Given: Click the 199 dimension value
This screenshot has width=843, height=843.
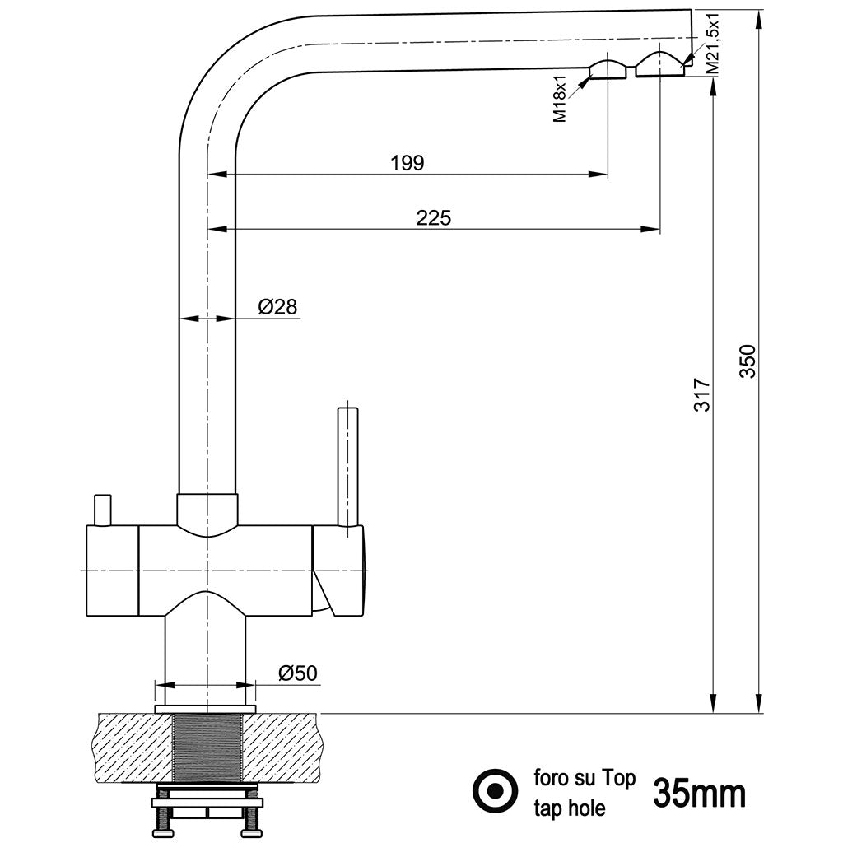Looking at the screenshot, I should pyautogui.click(x=408, y=163).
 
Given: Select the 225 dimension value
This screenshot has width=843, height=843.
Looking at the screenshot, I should pyautogui.click(x=433, y=218).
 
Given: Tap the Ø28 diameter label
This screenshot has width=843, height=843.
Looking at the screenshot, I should pyautogui.click(x=277, y=307).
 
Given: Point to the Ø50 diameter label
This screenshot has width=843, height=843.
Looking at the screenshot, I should pyautogui.click(x=297, y=673).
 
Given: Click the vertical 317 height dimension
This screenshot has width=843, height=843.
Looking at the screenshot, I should pyautogui.click(x=701, y=396).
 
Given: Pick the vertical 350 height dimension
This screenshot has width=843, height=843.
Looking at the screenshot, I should pyautogui.click(x=747, y=361).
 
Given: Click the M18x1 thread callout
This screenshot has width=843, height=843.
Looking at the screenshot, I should pyautogui.click(x=560, y=98).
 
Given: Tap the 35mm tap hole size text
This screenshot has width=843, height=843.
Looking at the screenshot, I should pyautogui.click(x=700, y=794).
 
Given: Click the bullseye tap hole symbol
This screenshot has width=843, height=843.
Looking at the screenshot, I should pyautogui.click(x=495, y=791).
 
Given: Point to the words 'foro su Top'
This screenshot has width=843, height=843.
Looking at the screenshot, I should pyautogui.click(x=585, y=778).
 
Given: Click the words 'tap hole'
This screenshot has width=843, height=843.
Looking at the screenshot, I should pyautogui.click(x=570, y=808).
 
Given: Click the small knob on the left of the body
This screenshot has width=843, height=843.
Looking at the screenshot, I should pyautogui.click(x=103, y=509).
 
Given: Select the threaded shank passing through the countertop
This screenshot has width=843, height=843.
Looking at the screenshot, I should pyautogui.click(x=207, y=749).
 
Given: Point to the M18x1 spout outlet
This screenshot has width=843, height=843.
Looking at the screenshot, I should pyautogui.click(x=608, y=70).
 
